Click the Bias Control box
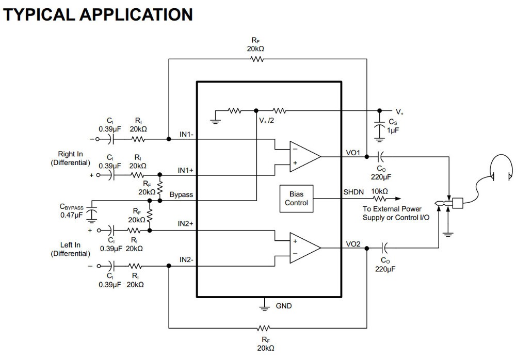click(296, 199)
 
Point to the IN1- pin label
click(186, 134)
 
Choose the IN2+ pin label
click(186, 224)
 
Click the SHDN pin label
click(353, 192)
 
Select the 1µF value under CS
click(393, 131)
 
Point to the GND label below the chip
click(283, 306)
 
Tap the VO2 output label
click(353, 243)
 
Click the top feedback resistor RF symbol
click(256, 59)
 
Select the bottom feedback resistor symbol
click(264, 328)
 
